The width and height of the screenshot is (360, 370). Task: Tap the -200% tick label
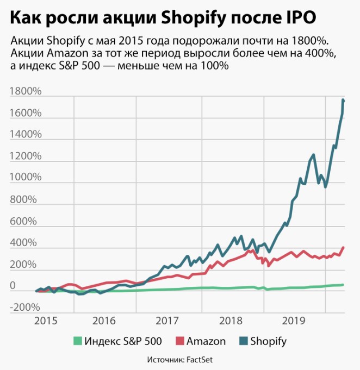pos(25,308)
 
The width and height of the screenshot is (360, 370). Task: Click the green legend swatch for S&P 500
pos(78,341)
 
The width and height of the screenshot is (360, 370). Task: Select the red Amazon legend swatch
pos(180,341)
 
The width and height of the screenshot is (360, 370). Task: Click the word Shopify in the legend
pos(268,341)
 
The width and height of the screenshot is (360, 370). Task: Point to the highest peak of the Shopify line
pos(343,100)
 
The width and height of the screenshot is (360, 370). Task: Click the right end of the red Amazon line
pos(343,248)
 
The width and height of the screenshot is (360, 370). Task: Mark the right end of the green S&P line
pos(343,285)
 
